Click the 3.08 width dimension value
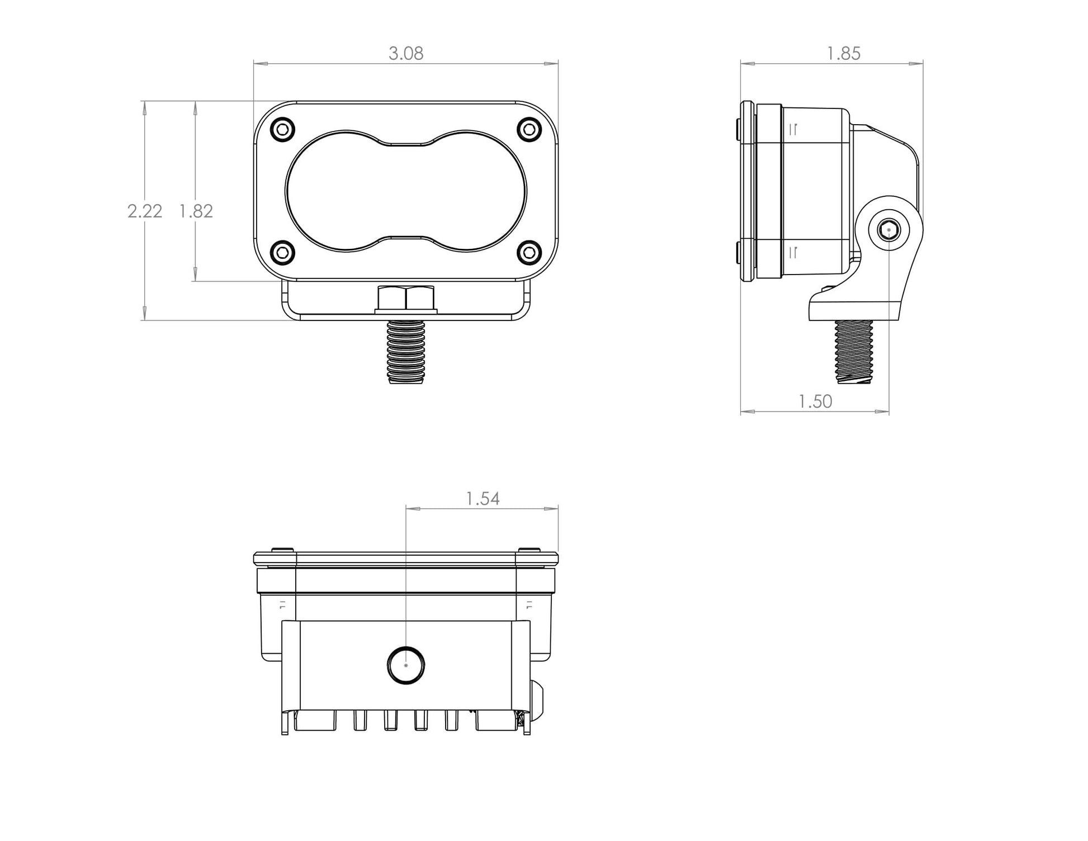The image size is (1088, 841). click(x=406, y=54)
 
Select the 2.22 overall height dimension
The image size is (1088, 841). click(x=145, y=211)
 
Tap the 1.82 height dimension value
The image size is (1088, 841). click(x=196, y=211)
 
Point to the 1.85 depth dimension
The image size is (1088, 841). click(x=843, y=54)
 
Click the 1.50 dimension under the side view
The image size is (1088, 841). click(x=815, y=401)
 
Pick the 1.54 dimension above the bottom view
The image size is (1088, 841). click(x=482, y=499)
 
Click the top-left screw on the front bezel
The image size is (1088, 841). click(x=282, y=130)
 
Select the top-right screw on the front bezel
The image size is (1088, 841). click(x=529, y=130)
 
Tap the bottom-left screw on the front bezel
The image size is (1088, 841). click(x=282, y=253)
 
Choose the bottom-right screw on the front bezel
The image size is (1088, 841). click(x=529, y=253)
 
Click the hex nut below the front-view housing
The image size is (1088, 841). click(x=406, y=298)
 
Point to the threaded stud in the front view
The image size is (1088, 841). click(x=406, y=352)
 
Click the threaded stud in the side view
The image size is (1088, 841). click(x=853, y=351)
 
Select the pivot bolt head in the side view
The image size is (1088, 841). click(x=888, y=229)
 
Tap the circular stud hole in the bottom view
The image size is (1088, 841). click(x=406, y=665)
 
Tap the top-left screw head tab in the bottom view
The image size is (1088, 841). click(x=282, y=550)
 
